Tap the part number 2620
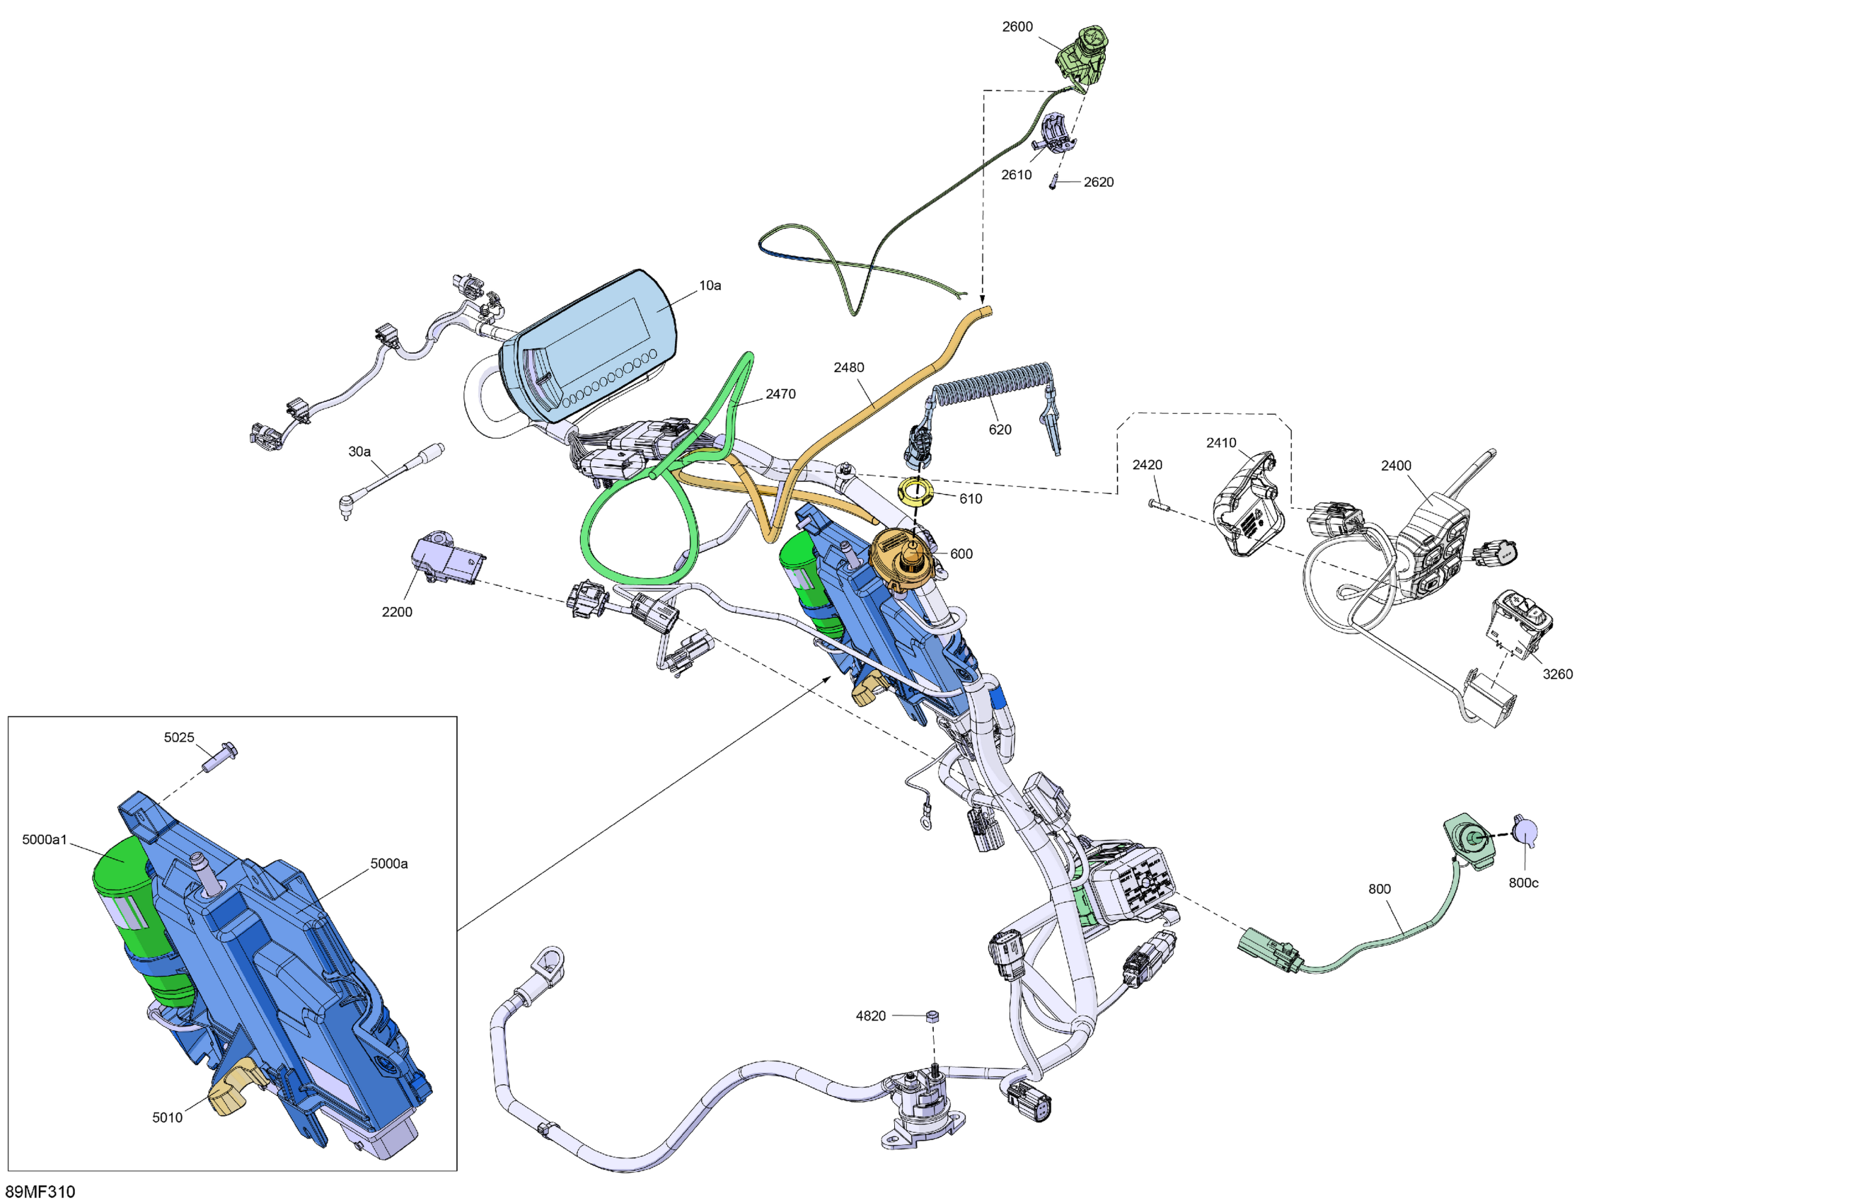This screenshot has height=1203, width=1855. point(1098,183)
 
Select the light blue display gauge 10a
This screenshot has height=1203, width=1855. point(592,343)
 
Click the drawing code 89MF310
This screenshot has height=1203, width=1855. point(40,1191)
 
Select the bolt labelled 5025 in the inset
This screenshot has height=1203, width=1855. point(220,756)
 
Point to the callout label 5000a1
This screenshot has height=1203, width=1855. point(45,840)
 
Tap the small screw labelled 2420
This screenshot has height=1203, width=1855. point(1157,505)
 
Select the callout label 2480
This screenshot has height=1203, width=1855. point(848,367)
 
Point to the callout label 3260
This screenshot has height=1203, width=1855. point(1556,674)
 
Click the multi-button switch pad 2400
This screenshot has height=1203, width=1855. point(1433,550)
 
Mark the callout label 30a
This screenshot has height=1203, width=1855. point(359,451)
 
